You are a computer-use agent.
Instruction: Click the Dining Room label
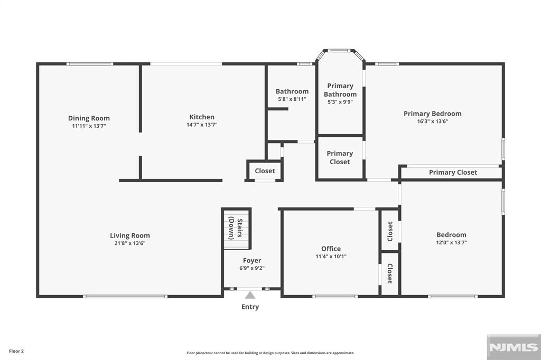click(89, 118)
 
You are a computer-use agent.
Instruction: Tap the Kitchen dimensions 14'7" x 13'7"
click(202, 125)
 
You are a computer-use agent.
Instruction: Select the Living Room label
click(129, 235)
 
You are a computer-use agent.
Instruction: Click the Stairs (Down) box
click(236, 229)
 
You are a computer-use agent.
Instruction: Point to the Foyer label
click(252, 260)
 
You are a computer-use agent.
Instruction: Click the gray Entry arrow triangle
click(250, 295)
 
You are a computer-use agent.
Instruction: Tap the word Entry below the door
click(250, 307)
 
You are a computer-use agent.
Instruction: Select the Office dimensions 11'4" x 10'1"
click(331, 256)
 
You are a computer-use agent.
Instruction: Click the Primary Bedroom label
click(432, 113)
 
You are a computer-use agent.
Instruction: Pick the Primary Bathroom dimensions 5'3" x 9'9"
click(340, 102)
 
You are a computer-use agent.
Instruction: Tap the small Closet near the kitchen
click(265, 171)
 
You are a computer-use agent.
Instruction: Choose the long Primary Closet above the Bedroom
click(452, 172)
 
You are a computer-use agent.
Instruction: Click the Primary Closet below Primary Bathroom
click(340, 157)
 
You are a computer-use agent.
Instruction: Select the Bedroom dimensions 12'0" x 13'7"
click(451, 242)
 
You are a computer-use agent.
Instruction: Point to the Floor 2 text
click(16, 350)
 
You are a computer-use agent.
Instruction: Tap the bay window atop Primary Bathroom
click(340, 51)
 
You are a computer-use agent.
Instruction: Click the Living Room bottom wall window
click(126, 296)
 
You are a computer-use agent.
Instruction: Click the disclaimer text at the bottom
click(270, 353)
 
